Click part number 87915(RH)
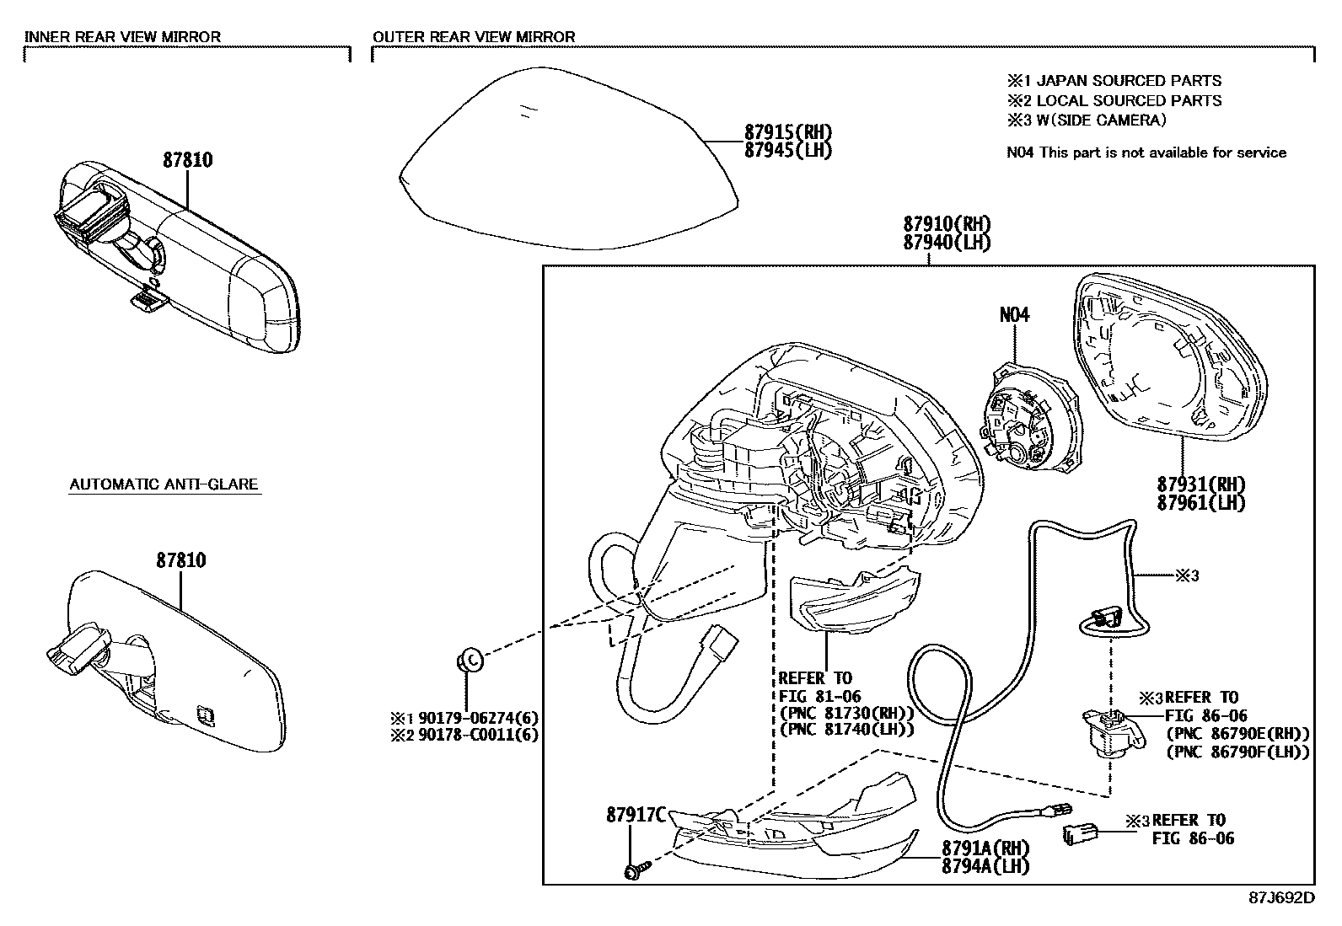click(787, 132)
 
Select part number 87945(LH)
click(787, 151)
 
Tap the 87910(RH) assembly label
click(946, 225)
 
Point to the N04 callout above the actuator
click(1014, 315)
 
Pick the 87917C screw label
click(636, 815)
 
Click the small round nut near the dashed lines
click(470, 659)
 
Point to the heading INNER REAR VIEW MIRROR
click(122, 37)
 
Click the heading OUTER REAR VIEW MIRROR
click(474, 37)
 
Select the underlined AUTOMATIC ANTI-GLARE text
click(164, 484)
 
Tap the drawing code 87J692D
click(1281, 897)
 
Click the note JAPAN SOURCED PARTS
click(1128, 81)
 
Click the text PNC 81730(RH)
click(846, 713)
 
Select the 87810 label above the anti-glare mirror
click(180, 560)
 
